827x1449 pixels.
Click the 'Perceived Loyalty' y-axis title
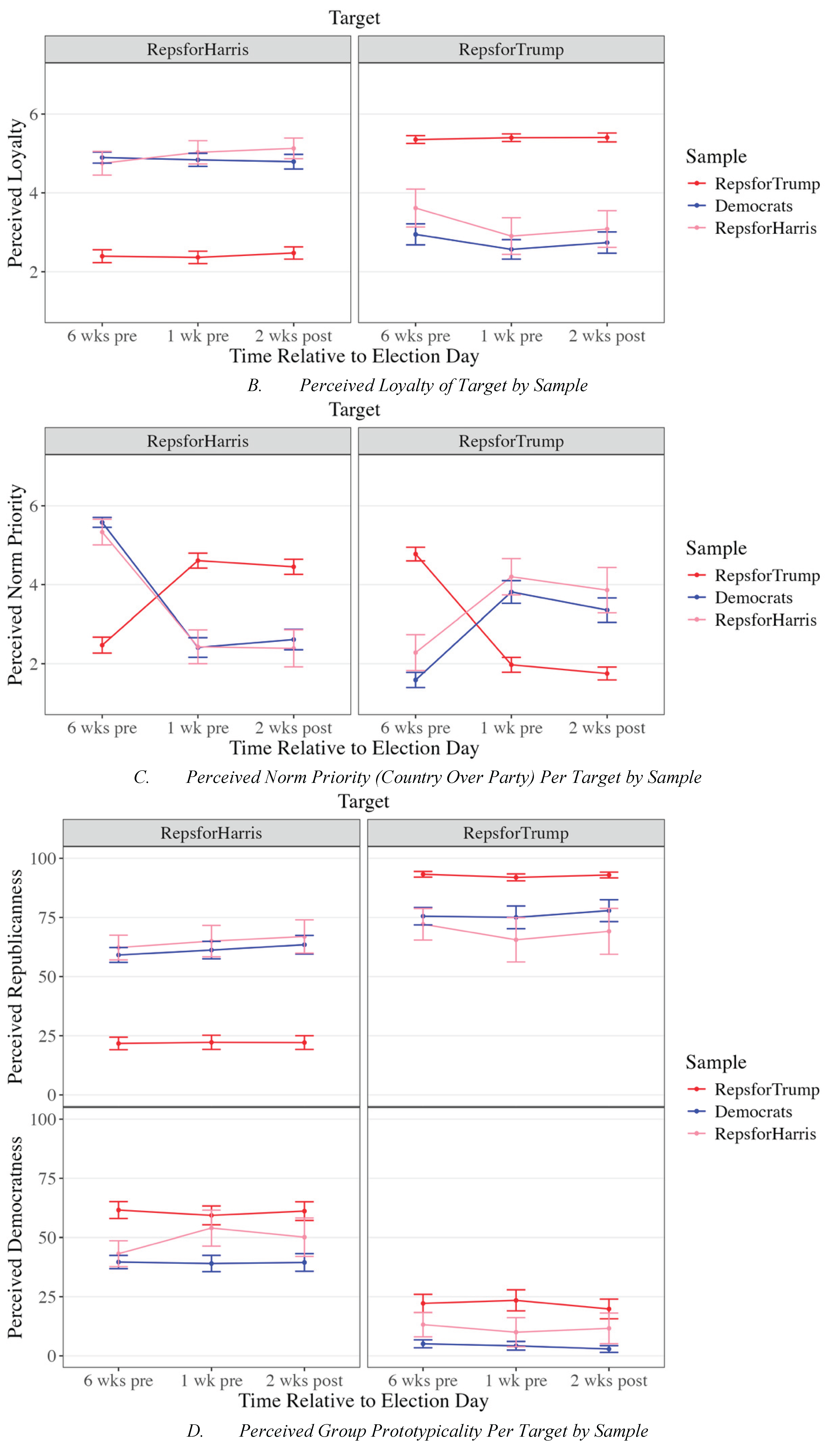coord(16,193)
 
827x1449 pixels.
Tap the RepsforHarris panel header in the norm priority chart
coord(198,441)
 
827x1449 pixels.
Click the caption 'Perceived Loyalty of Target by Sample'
coord(443,385)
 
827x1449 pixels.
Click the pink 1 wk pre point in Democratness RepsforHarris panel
coord(211,1228)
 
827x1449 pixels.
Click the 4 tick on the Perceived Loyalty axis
coord(34,193)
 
